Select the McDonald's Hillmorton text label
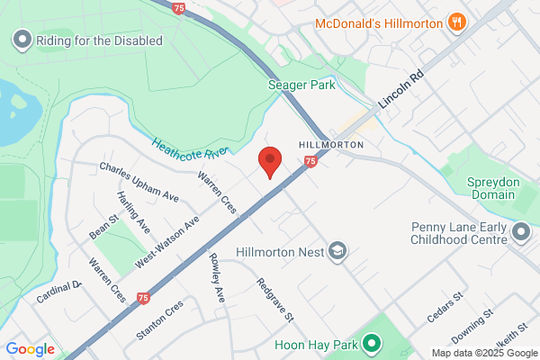381,22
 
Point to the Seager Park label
301,85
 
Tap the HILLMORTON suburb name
331,144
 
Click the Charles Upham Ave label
139,181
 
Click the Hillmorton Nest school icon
337,250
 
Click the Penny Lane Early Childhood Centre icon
521,233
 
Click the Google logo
30,349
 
